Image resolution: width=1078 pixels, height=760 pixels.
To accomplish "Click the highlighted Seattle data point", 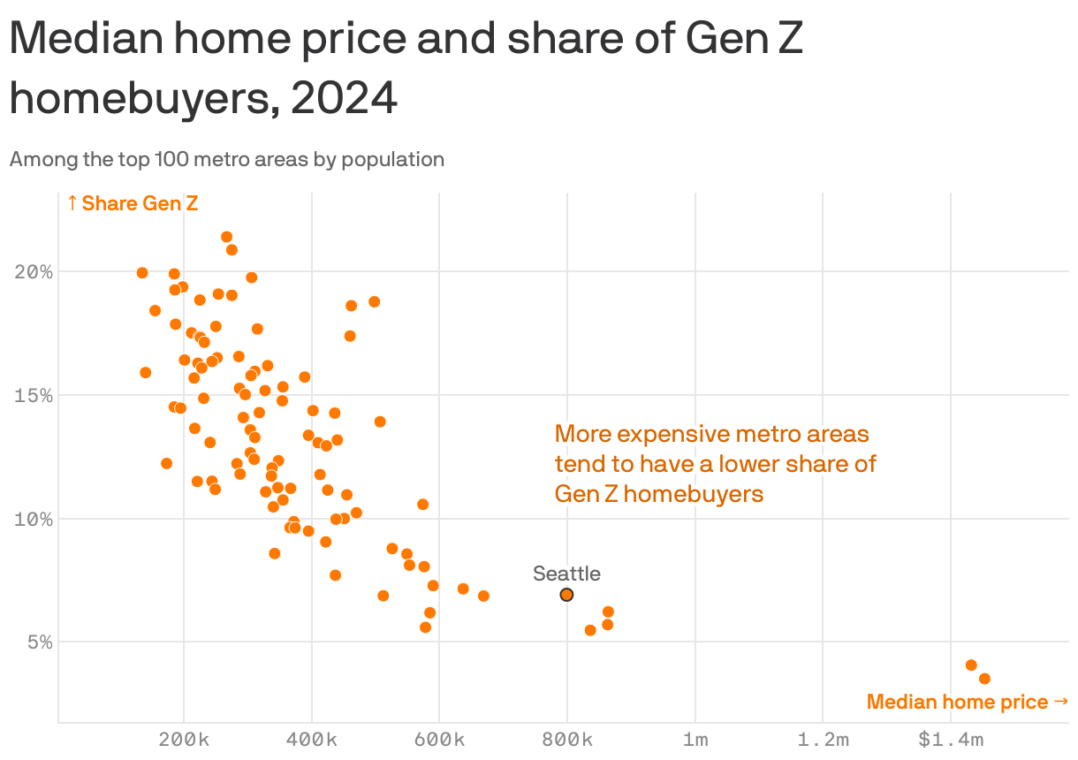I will coord(566,595).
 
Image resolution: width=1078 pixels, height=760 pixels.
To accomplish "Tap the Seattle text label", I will coord(566,574).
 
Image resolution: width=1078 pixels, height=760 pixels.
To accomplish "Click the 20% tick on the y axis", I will coord(34,271).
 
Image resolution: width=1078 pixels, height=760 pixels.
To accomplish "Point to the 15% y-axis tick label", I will coord(34,395).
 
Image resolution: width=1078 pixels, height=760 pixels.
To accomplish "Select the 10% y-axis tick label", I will coord(34,519).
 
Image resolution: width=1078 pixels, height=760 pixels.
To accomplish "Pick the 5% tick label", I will coord(39,642).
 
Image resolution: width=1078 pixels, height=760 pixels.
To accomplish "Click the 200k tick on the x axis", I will coord(184,740).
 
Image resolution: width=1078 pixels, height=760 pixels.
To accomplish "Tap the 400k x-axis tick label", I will coord(312,740).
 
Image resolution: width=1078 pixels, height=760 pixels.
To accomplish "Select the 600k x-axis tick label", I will coord(439,740).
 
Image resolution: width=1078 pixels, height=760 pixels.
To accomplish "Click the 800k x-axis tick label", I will coord(567,740).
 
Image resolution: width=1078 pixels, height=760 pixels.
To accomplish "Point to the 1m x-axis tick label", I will coord(695,740).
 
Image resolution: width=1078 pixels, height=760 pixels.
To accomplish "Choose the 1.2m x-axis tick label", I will coord(823,740).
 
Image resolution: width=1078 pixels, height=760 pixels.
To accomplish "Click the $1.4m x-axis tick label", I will coord(950,740).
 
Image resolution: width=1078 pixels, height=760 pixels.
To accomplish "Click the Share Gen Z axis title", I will coord(133,203).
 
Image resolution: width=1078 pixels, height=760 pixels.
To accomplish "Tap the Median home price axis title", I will coord(968,702).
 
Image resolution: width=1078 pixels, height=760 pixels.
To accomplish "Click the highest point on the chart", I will coord(226,237).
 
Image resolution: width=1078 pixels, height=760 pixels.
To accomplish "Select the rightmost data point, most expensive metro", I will coord(984,679).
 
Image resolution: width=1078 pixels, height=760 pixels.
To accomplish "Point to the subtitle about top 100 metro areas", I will coord(226,159).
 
